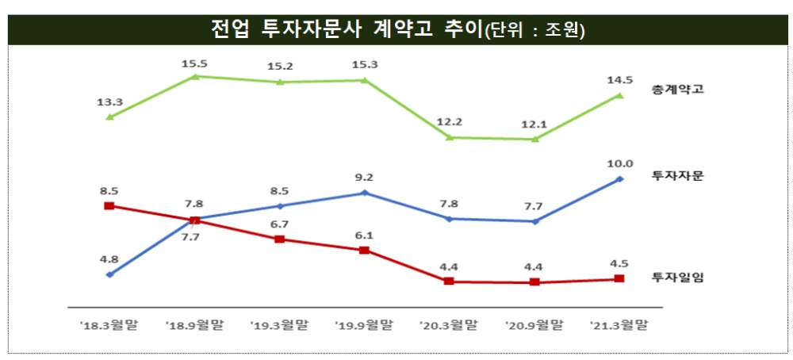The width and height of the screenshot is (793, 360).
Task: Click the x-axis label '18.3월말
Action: tap(109, 325)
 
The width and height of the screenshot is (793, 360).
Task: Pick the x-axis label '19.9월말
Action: tap(364, 325)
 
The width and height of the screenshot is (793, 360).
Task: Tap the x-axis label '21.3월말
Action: tap(620, 325)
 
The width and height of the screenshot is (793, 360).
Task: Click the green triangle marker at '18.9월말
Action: tap(195, 76)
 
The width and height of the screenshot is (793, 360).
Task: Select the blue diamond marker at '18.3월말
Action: tap(109, 274)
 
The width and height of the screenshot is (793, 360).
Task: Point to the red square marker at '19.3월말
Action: tap(280, 239)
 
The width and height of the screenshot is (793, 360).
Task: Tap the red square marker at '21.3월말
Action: tap(620, 278)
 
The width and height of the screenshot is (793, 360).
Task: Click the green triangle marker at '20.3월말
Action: tap(450, 137)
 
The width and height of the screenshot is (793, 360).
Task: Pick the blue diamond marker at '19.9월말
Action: tap(364, 193)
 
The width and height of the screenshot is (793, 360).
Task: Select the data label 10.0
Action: tap(620, 164)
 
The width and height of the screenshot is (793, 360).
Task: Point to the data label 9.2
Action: tap(364, 178)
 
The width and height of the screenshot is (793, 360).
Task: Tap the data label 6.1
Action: tap(364, 236)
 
